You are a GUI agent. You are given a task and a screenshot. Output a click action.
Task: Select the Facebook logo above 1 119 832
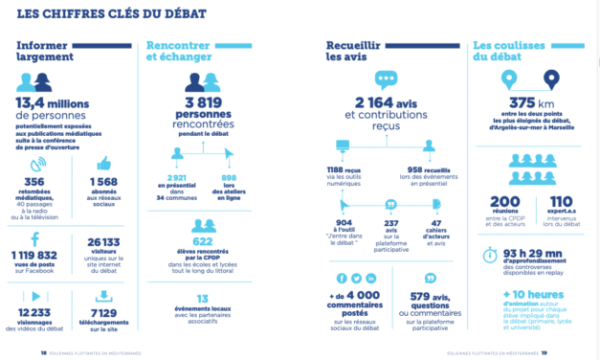pos(35,239)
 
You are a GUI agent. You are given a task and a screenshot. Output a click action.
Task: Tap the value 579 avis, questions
pos(432,296)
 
